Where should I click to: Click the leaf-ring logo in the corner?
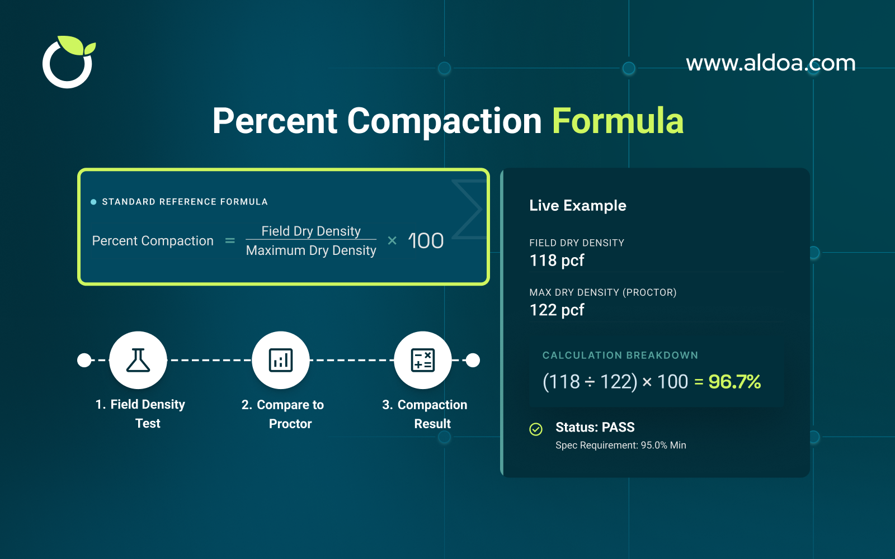coord(68,63)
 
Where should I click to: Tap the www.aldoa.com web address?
coord(770,63)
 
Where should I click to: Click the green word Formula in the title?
coord(618,121)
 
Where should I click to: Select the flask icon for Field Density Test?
coord(138,361)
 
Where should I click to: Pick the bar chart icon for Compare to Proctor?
coord(281,361)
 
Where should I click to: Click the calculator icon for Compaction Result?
coord(423,361)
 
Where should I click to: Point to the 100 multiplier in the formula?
coord(426,241)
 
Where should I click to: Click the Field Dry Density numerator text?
coord(311,231)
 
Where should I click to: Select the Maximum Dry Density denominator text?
coord(311,250)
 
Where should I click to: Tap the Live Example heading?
coord(577,206)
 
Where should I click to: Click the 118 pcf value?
coord(557,260)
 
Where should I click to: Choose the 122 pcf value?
coord(557,310)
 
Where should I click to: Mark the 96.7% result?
coord(734,382)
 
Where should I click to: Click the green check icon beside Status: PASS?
coord(536,429)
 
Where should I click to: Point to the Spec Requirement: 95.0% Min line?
coord(620,446)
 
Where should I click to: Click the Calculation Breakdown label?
coord(620,356)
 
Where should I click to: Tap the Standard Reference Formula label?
coord(185,202)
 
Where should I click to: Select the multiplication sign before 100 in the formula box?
coord(392,241)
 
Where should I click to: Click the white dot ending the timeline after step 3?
coord(473,361)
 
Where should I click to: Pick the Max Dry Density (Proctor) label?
coord(602,292)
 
